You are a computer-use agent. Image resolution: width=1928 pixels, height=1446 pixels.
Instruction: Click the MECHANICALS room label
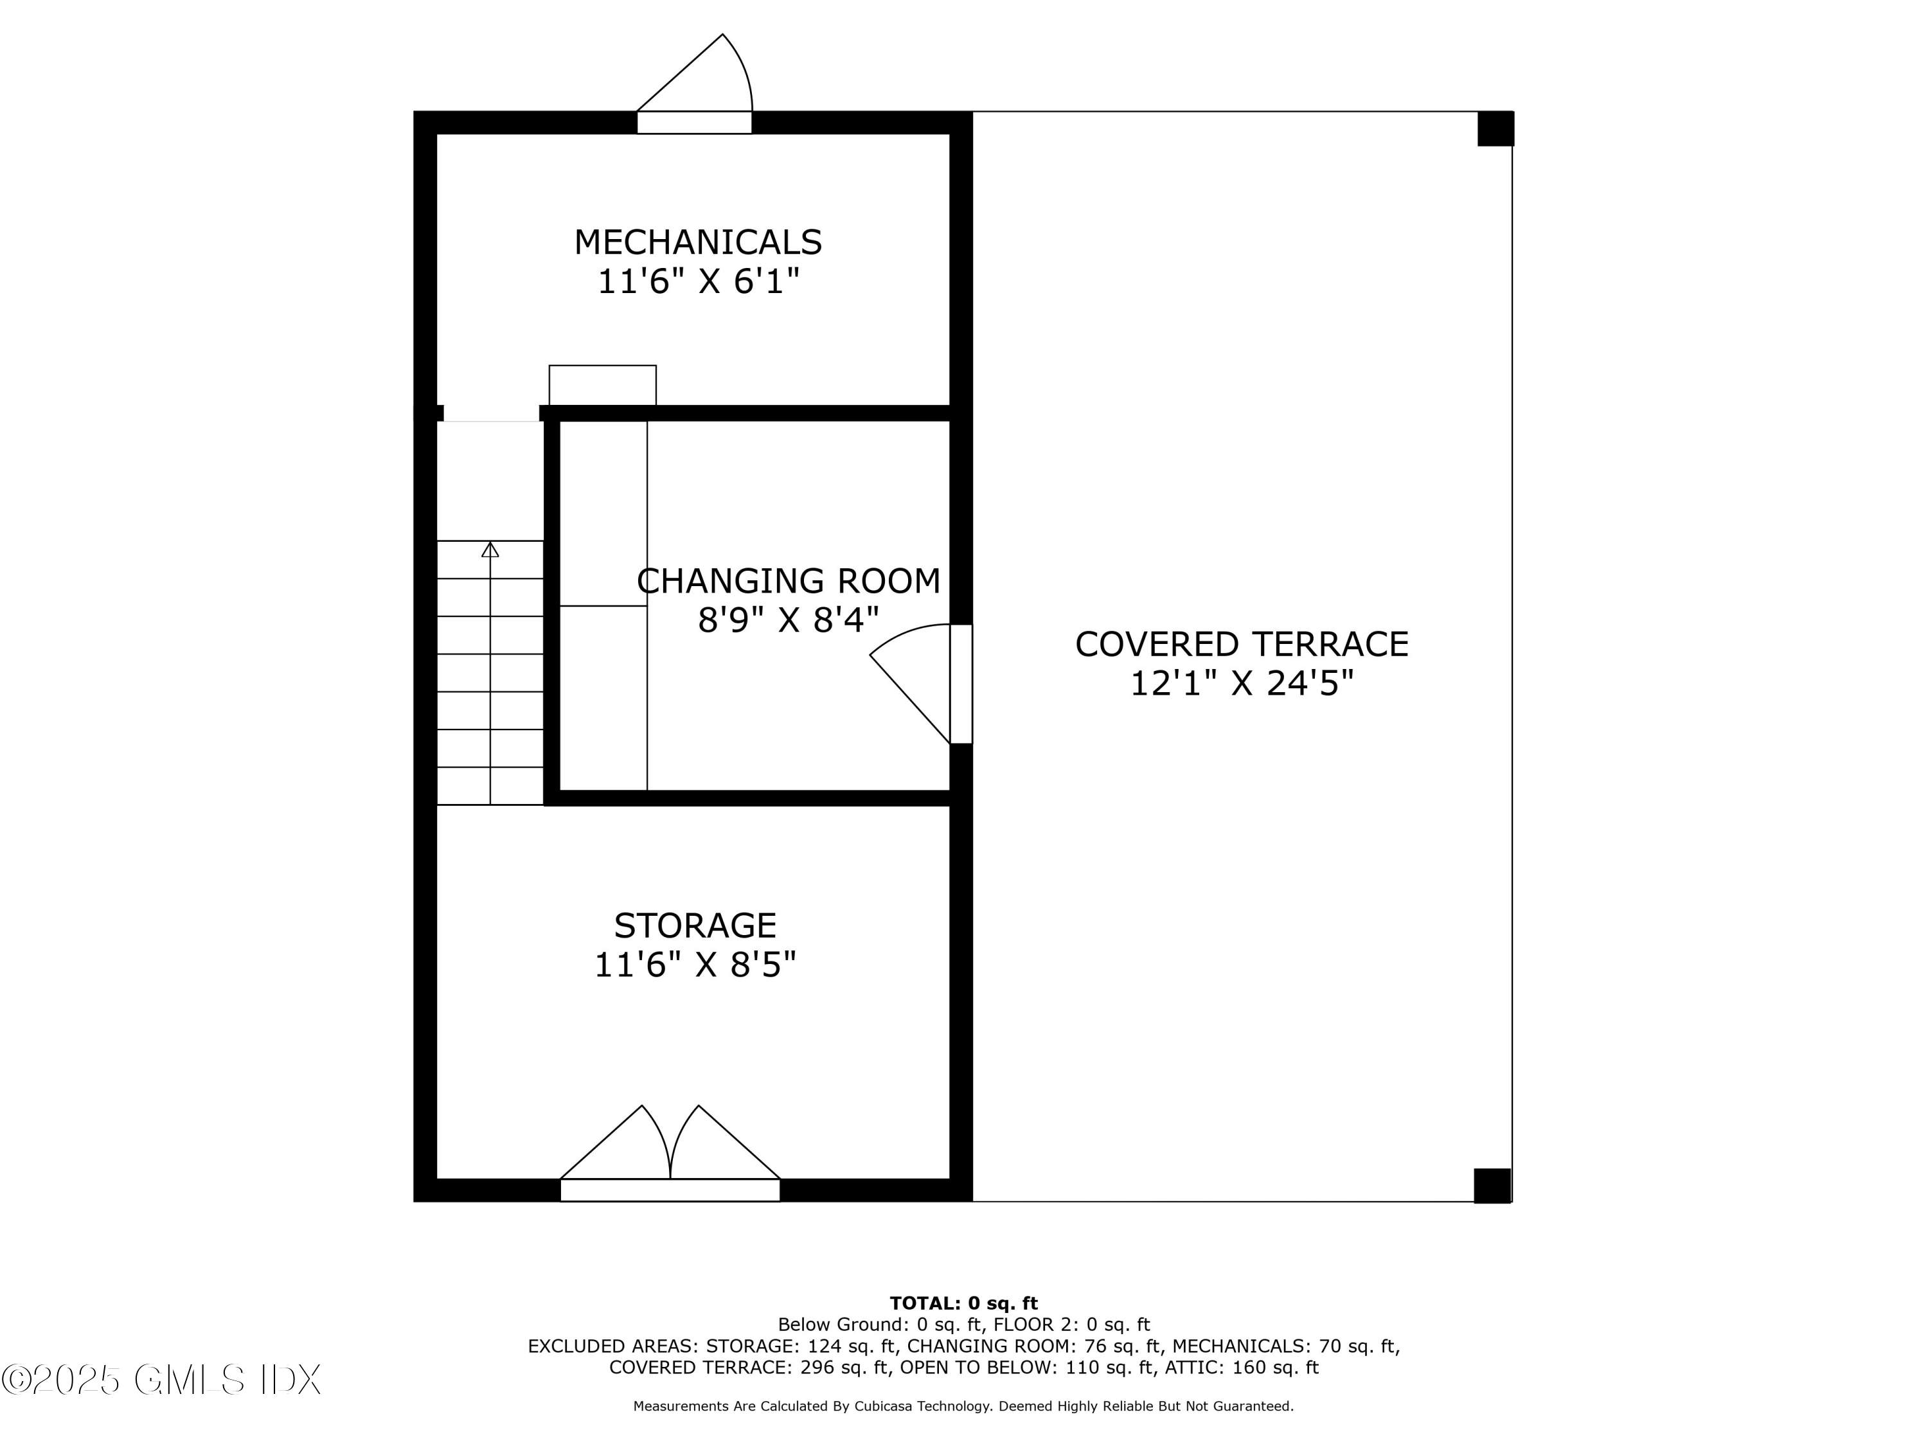pos(697,242)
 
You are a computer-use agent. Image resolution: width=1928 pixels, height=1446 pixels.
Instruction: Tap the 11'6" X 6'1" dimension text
pos(698,281)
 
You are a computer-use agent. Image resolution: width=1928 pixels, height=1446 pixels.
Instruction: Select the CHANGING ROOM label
pos(789,582)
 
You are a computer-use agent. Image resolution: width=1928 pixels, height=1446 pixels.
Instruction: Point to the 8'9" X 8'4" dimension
pos(789,621)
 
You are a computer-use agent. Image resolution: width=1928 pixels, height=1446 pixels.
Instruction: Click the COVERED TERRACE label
pos(1241,645)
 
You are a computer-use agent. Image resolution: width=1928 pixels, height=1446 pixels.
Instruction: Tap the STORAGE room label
pos(695,925)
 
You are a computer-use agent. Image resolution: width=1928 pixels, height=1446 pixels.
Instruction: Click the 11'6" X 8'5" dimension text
pos(695,965)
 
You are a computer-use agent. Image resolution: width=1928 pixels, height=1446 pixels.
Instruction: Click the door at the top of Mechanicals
pos(695,85)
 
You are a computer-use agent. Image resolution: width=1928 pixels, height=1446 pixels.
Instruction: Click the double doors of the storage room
pos(670,1153)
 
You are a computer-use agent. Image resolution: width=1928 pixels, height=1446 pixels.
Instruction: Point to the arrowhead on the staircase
pos(490,549)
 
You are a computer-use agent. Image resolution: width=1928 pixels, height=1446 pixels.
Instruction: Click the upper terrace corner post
pos(1495,129)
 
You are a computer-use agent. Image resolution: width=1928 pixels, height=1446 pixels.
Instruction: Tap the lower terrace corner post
pos(1492,1185)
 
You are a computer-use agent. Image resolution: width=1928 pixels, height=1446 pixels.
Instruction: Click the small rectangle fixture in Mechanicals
pos(602,385)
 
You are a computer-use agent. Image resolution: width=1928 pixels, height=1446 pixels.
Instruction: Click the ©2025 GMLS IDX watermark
pos(161,1379)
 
